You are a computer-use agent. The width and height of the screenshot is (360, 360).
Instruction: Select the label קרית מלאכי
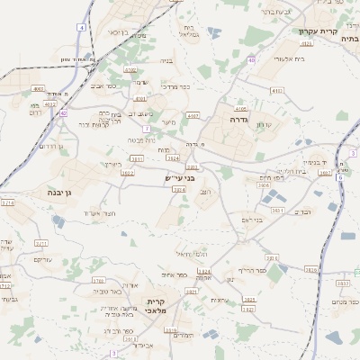coord(157,306)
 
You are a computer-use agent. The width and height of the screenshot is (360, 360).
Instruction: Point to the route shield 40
coord(251,59)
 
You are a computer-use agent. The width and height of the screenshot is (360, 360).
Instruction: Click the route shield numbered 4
coord(81,28)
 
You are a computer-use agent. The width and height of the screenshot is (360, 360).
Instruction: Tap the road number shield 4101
coord(139,98)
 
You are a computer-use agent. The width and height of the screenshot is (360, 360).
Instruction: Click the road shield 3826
coord(310,269)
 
